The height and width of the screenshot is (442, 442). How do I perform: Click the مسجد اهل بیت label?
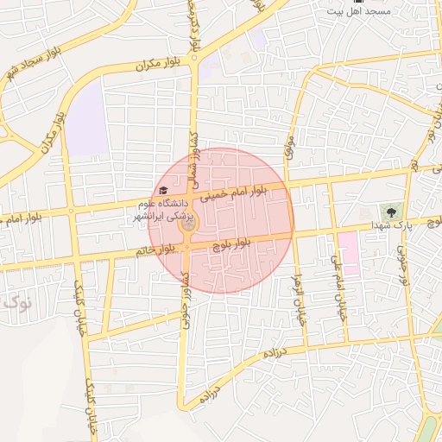click(357, 11)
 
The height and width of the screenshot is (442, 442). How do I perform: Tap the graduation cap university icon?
click(162, 191)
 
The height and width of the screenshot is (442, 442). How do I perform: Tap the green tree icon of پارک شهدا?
click(393, 211)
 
